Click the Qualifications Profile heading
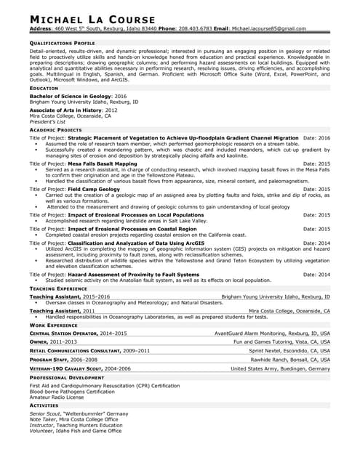(62, 43)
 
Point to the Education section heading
(44, 88)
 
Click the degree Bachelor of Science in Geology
(70, 96)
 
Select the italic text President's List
(46, 121)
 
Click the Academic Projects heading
(55, 130)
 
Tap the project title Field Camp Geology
(94, 189)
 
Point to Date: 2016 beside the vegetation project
(316, 137)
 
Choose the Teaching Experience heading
(58, 288)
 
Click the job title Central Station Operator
(64, 333)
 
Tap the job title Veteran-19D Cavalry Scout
(69, 368)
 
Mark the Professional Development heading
(67, 379)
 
